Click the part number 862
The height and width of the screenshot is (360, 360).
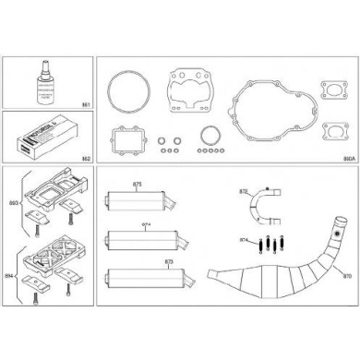(x=85, y=159)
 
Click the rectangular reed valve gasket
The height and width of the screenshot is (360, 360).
(x=126, y=140)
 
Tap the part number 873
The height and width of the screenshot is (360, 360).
(x=170, y=263)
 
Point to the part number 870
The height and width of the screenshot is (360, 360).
(x=347, y=275)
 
